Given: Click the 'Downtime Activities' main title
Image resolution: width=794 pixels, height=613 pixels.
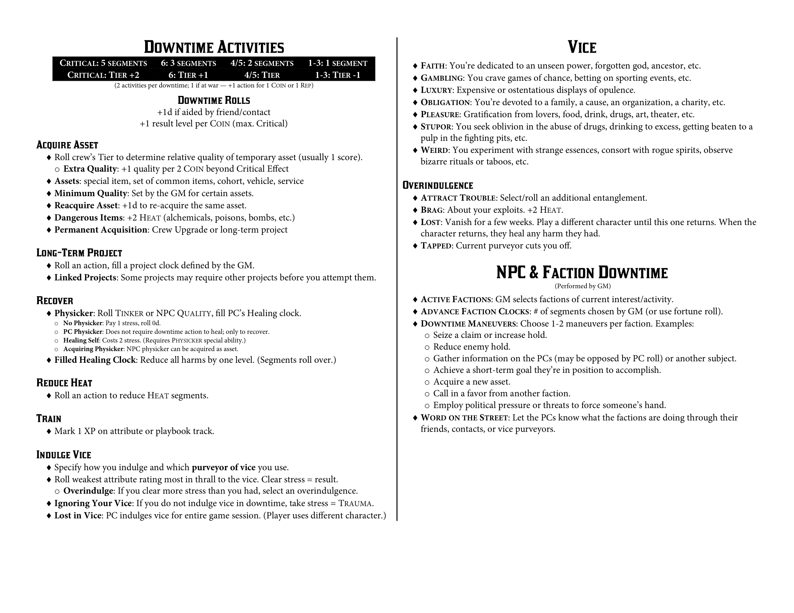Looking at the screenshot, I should coord(214,47).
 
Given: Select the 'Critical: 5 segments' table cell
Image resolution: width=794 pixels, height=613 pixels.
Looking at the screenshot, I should coord(103,63).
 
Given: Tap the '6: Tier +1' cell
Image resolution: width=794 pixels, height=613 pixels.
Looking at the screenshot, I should coord(188,75).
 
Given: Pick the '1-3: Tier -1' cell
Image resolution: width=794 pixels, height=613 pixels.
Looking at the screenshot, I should coord(337,75).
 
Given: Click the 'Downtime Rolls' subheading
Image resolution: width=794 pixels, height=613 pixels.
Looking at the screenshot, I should coord(214,100).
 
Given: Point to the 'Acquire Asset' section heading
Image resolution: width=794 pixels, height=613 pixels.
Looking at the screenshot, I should coord(67,145).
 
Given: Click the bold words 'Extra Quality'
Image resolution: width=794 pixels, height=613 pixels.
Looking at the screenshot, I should coord(90,169).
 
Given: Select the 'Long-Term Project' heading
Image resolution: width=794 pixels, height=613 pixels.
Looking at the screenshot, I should coord(79,253).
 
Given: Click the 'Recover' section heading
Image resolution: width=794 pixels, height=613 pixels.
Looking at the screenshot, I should coord(55,301).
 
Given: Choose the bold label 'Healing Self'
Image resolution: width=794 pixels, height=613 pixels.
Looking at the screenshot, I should coord(81,340).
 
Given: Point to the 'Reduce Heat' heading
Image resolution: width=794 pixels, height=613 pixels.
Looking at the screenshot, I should coord(64,383).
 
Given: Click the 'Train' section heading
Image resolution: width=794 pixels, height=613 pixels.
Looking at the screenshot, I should coord(49,419).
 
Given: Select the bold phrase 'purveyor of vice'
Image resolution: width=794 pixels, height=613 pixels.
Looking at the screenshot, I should coord(224,467).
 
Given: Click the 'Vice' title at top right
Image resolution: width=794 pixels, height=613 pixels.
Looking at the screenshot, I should coord(582,47).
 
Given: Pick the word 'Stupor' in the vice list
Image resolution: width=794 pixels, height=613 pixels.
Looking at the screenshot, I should coord(436,127).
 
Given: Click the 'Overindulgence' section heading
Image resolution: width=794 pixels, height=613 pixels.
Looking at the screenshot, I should coord(438,186).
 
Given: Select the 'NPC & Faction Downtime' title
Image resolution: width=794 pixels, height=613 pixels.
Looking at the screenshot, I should coord(582,273).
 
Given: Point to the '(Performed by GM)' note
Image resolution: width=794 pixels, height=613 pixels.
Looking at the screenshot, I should coord(583,286).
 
